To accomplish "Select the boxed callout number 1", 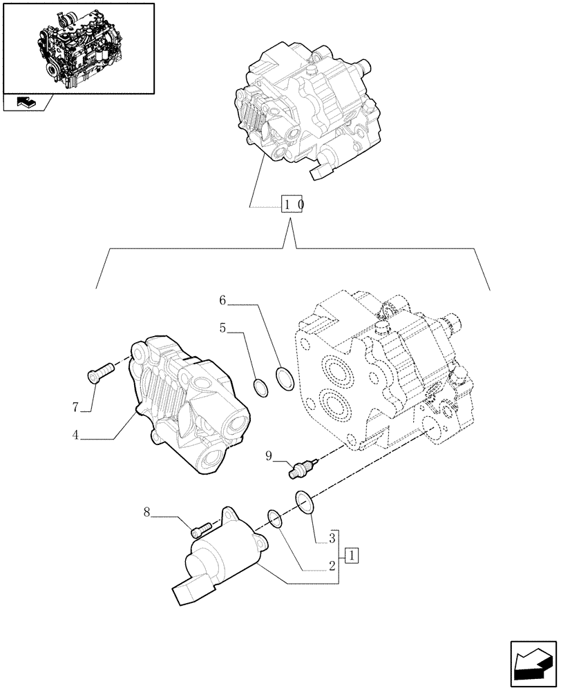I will point(351,555).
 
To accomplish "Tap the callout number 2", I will point(332,566).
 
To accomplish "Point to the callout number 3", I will point(332,538).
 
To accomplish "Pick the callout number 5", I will point(222,329).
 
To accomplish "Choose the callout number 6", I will point(222,300).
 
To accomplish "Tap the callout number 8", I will point(146,513).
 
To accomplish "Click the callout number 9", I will point(270,455).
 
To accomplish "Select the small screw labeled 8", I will point(200,530).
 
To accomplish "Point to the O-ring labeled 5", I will point(261,388).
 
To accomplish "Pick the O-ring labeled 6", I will point(283,377).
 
